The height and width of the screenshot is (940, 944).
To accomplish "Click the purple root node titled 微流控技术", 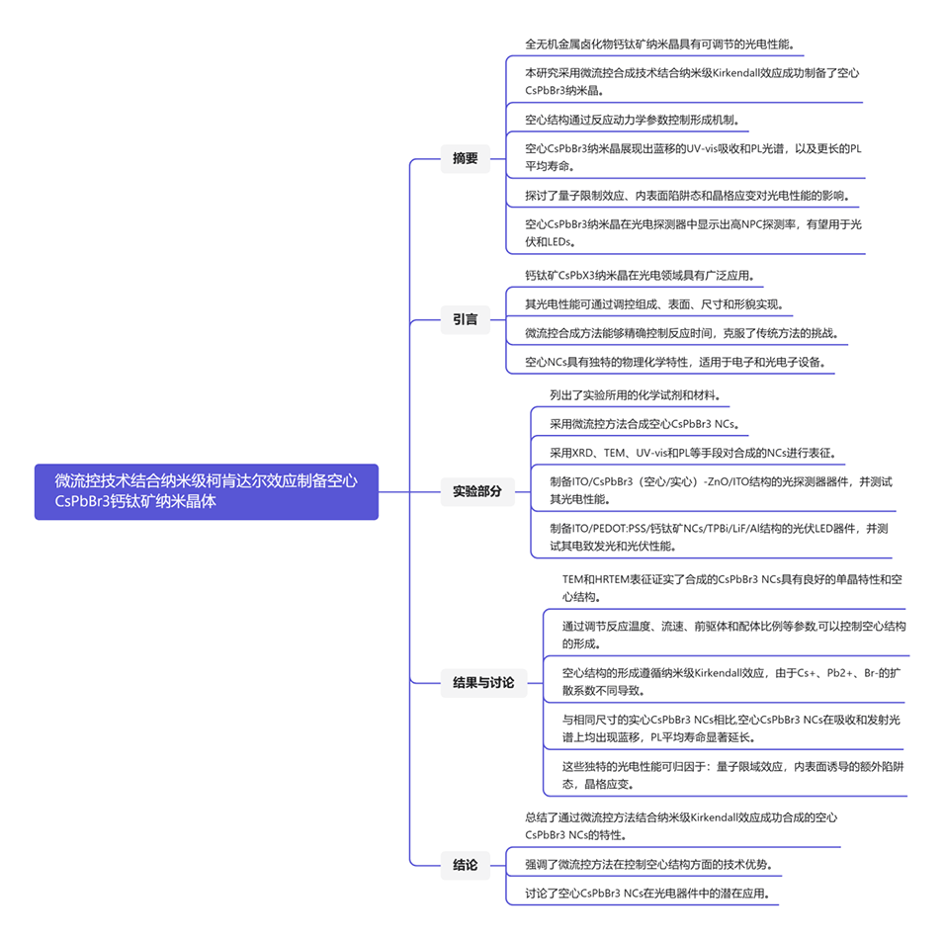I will [206, 491].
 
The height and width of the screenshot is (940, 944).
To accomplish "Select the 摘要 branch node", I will [466, 158].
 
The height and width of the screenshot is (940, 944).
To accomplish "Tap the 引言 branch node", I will [466, 319].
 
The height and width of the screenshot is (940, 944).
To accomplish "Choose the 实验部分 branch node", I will [477, 490].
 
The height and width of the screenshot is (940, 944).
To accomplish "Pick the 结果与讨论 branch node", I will [483, 682].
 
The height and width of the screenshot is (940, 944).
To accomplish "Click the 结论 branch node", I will [466, 865].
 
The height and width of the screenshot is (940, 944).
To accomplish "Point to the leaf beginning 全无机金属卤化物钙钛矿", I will [658, 44].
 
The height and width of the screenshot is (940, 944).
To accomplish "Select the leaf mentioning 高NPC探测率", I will [692, 233].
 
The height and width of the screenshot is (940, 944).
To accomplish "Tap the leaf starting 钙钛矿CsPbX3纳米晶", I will [644, 275].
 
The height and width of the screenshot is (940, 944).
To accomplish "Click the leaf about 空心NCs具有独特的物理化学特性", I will [681, 363].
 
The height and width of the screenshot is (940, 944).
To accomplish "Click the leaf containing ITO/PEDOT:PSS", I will [720, 536].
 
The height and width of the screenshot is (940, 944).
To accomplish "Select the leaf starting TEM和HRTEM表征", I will [730, 587].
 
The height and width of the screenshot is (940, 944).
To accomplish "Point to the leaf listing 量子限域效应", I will [730, 775].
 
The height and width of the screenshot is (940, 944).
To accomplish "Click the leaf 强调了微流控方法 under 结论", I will [647, 864].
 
